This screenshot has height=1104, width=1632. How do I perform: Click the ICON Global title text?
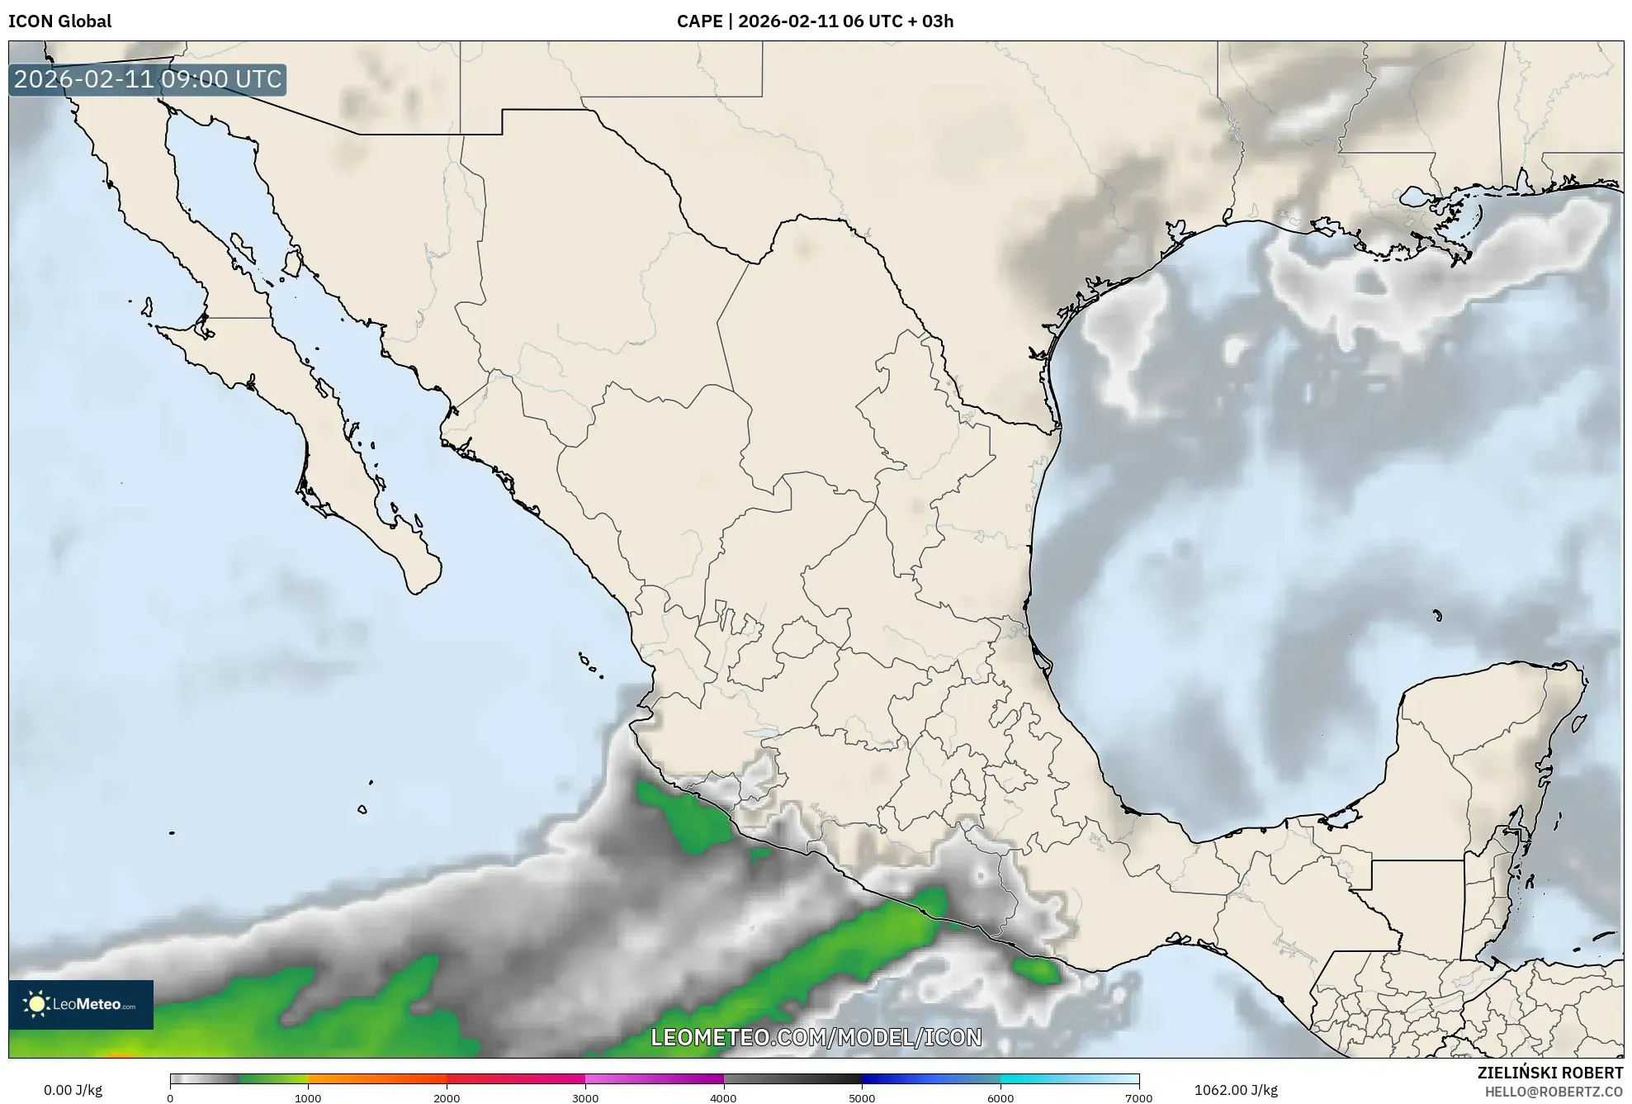coord(59,21)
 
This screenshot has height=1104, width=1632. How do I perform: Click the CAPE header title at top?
coord(815,21)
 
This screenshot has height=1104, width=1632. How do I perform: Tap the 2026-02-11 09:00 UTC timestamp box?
coord(148,79)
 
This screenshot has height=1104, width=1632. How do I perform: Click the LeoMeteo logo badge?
coord(81,1004)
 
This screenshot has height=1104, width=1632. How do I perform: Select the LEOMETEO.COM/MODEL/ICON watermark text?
coord(816,1037)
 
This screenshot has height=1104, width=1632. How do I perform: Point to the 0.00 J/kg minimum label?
coord(73,1090)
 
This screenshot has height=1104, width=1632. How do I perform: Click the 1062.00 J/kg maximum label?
coord(1236,1090)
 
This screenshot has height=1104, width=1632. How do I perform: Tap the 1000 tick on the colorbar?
coord(308,1097)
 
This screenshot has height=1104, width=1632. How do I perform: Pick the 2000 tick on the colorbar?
coord(447,1097)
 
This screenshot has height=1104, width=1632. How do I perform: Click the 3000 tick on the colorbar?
coord(585,1097)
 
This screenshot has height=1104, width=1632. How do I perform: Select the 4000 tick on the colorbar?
coord(724,1097)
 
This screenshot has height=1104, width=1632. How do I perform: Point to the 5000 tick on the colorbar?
coord(862,1097)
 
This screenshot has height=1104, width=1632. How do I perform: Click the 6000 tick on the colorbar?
coord(1000,1097)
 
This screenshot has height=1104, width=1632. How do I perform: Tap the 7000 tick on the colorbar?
coord(1138,1097)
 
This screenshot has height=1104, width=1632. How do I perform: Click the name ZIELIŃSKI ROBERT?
coord(1549,1073)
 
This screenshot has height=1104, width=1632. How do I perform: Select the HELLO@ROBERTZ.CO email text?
coord(1554,1092)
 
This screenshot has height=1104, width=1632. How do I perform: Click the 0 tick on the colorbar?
coord(170,1097)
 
